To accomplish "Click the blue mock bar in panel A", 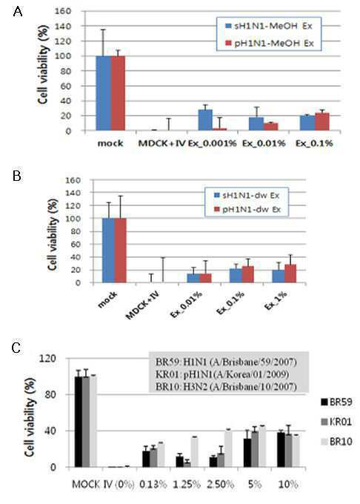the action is coord(104,93).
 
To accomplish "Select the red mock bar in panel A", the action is coord(118,93).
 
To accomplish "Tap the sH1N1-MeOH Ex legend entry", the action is coord(269,26).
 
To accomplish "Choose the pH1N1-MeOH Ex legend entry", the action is coord(270,43).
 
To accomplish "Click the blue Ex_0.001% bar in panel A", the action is coord(205,120).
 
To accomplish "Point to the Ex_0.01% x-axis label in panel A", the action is coord(264,143).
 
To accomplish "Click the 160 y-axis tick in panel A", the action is coord(64,11).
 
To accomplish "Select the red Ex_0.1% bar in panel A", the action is coord(322,122).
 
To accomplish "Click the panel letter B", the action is coord(17,176).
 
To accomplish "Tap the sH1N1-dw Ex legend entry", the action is coord(247,195).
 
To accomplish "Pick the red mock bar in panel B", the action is coord(120,251).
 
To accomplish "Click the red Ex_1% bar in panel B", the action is coord(290,273).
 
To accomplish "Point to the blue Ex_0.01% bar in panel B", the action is coord(193,279).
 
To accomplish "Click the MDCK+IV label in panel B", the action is coord(142,305).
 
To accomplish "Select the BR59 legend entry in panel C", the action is coord(336,402).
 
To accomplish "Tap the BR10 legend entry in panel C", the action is coord(336,442).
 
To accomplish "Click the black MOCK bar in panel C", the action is coord(78,422).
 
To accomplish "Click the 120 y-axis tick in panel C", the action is coord(49,358).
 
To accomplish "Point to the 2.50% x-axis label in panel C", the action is coord(220,484).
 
